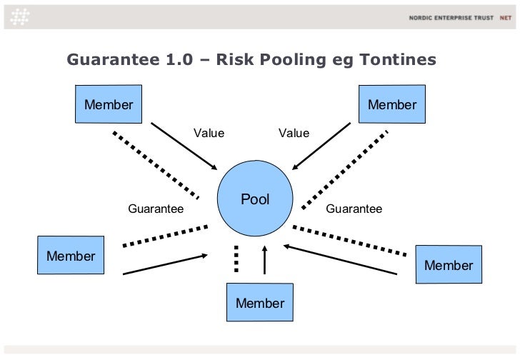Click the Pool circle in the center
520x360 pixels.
(x=255, y=199)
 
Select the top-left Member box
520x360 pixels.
(x=109, y=105)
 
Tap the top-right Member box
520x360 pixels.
(x=392, y=105)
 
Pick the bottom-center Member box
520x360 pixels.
(x=260, y=303)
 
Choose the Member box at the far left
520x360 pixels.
(x=71, y=256)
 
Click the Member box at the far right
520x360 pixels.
(x=449, y=265)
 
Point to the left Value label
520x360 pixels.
(x=209, y=133)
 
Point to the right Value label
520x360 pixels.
(x=294, y=133)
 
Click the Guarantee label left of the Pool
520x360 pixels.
(x=155, y=209)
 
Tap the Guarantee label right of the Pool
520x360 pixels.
(x=354, y=209)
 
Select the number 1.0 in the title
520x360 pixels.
(x=178, y=59)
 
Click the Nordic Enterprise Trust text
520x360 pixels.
(x=451, y=17)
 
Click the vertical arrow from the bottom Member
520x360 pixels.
(x=264, y=261)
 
